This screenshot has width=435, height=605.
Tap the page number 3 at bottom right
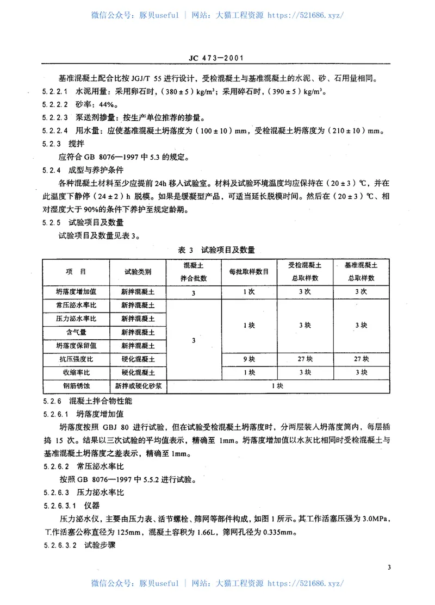coord(389,568)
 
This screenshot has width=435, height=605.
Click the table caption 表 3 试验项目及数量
coord(217,250)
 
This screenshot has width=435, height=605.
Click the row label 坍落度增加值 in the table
coord(76,291)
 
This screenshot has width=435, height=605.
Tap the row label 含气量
coord(76,332)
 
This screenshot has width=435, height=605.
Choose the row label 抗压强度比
coord(76,359)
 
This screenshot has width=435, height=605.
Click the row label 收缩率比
coord(76,372)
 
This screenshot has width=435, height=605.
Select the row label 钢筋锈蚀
coord(76,386)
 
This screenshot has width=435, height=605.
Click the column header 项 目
coord(76,271)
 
